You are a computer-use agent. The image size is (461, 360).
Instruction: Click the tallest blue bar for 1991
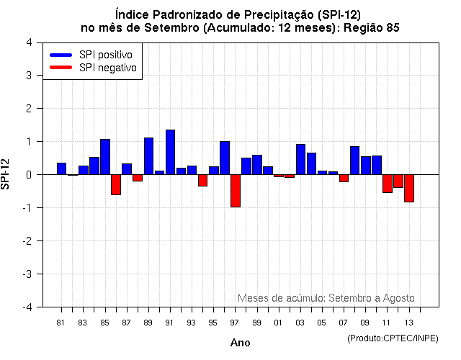[170, 152]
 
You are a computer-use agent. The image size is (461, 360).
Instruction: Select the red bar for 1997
[236, 191]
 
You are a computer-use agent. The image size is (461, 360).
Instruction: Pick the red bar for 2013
[409, 188]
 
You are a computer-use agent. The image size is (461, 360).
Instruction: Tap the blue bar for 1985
[105, 157]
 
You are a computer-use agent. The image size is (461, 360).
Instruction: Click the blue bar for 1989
[148, 156]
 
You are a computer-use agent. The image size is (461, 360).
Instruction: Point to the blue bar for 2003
[300, 159]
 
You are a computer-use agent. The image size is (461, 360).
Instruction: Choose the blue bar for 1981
[61, 168]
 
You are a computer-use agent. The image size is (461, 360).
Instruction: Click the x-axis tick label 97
[235, 323]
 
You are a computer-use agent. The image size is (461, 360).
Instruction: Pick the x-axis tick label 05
[322, 323]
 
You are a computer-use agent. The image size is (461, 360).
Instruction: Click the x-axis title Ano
[240, 343]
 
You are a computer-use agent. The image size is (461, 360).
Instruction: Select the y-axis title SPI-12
[6, 174]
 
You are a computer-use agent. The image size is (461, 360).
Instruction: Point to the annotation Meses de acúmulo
[282, 298]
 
